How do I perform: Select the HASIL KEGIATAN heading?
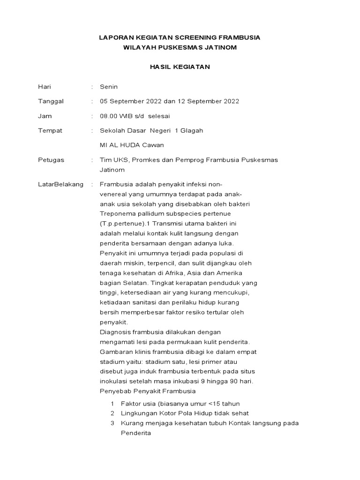[180, 67]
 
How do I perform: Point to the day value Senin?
[109, 87]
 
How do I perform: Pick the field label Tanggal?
[50, 101]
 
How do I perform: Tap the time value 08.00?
[108, 116]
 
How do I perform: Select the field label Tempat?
[50, 130]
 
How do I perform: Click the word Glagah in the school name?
[192, 130]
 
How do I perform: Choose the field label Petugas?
[51, 160]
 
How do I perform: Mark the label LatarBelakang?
[60, 184]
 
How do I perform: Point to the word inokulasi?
[113, 381]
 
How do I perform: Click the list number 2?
[112, 413]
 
